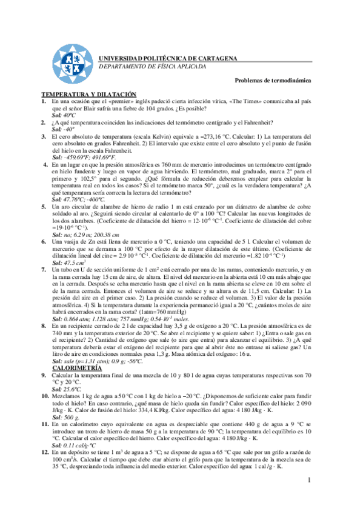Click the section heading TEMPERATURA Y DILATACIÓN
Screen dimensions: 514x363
point(88,95)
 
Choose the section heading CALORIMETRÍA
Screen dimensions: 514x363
point(76,368)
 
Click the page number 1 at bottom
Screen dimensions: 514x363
point(308,481)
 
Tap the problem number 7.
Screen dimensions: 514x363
point(44,269)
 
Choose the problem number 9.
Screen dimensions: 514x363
point(44,375)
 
